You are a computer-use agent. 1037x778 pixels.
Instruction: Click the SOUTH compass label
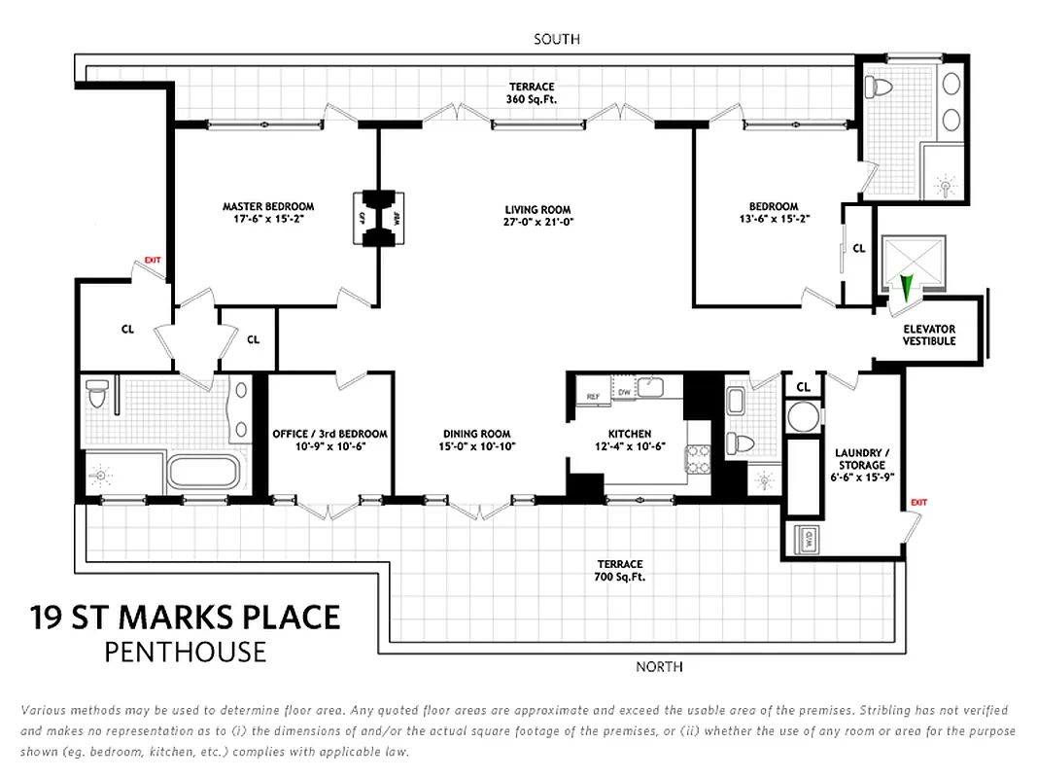[x=557, y=39]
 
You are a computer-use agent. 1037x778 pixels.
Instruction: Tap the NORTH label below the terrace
[x=659, y=666]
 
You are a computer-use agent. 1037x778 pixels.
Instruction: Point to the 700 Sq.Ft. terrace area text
[x=620, y=577]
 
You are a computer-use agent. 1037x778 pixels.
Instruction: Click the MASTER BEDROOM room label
[x=268, y=206]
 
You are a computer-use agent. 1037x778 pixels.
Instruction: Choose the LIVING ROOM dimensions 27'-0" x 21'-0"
[x=537, y=223]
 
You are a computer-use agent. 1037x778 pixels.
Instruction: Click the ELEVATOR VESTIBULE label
[x=929, y=336]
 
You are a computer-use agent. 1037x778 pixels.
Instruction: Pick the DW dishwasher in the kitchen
[x=623, y=393]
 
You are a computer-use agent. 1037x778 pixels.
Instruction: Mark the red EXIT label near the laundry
[x=918, y=502]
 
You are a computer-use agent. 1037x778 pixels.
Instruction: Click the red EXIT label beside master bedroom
[x=152, y=260]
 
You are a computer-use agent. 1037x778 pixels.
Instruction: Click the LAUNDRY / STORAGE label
[x=858, y=459]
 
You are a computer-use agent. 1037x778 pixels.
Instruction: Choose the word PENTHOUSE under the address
[x=186, y=651]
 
